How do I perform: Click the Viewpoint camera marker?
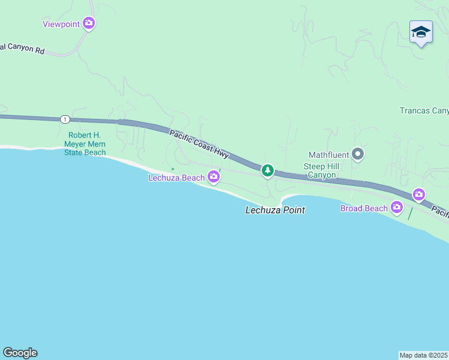point(89,23)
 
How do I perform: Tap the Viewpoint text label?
point(60,24)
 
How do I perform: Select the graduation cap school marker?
point(421,32)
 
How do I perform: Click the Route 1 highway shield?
point(64,119)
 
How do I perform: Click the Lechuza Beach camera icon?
point(214,176)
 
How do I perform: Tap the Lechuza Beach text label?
point(177,178)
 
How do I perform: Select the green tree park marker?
point(268,171)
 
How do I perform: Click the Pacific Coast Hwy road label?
point(199,145)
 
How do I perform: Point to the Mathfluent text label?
point(328,155)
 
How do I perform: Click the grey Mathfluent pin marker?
point(358,155)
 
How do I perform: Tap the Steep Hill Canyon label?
point(323,170)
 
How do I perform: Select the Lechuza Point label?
point(275,210)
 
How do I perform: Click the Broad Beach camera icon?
point(397,208)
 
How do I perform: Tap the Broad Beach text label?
point(364,208)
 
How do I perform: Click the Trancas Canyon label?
point(424,110)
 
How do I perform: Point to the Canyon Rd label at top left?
point(23,49)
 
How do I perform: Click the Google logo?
point(20,353)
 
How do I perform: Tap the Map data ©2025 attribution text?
point(424,355)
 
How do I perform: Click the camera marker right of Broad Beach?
point(419,194)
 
